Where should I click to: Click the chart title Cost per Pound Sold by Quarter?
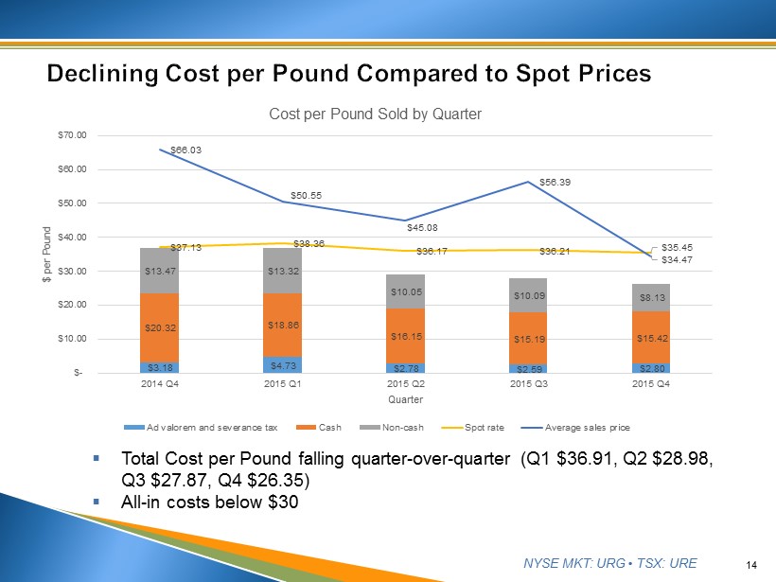375,114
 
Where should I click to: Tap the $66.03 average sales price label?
171,149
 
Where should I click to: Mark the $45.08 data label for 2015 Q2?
422,227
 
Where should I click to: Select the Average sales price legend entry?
582,427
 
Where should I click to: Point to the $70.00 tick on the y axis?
98,135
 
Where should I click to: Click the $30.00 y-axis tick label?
98,271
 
